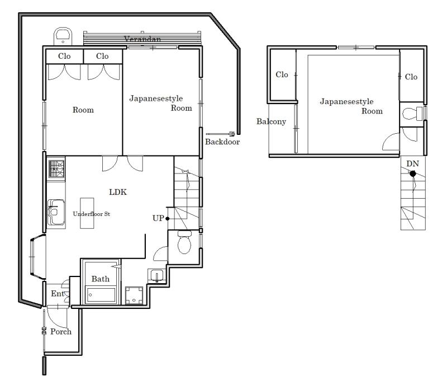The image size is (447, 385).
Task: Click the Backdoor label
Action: click(x=222, y=142)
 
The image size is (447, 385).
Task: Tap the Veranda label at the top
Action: click(x=142, y=39)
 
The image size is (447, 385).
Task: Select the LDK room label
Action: click(x=118, y=192)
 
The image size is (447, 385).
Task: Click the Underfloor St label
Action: click(x=91, y=214)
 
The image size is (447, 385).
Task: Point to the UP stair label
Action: click(x=158, y=218)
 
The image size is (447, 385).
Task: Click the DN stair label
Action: click(x=412, y=163)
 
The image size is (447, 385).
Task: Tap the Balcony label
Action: click(x=271, y=121)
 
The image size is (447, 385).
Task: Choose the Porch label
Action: click(x=61, y=332)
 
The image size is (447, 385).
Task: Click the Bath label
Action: click(x=101, y=279)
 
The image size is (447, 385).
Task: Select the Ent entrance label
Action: click(x=58, y=294)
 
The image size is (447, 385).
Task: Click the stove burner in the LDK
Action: click(x=56, y=169)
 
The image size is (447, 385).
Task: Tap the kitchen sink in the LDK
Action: click(x=56, y=212)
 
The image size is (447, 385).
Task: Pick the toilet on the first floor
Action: click(x=184, y=242)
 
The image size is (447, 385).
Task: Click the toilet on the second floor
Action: click(x=412, y=114)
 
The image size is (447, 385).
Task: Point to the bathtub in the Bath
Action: click(x=101, y=295)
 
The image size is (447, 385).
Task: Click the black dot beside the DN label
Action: click(x=413, y=173)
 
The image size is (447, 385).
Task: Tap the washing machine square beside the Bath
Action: click(x=134, y=295)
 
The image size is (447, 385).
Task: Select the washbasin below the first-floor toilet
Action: click(x=156, y=276)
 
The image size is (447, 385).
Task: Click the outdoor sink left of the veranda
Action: click(x=63, y=36)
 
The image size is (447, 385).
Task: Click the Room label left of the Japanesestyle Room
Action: click(x=83, y=110)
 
